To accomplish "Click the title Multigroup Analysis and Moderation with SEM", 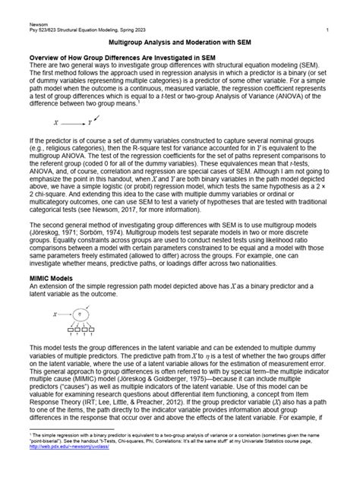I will pos(180,44).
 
